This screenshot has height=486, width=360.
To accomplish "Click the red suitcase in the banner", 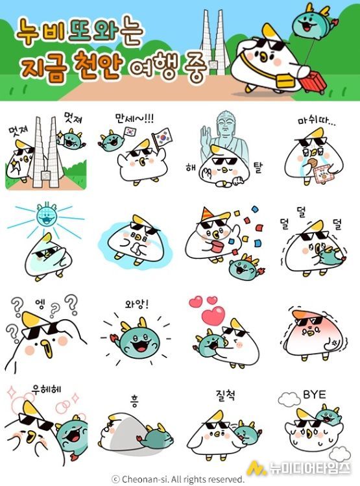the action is pos(313,82).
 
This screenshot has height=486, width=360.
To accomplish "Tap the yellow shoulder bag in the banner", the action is pos(285,80).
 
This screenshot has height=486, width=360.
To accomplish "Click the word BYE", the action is pos(314,395).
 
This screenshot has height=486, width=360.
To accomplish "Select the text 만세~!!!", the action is pos(134,118).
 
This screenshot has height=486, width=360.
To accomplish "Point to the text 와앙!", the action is pos(137,304).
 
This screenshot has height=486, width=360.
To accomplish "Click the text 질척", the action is pos(225,395).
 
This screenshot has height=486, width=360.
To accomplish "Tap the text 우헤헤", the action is pos(47,389).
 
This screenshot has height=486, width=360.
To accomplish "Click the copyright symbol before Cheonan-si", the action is pos(115,479).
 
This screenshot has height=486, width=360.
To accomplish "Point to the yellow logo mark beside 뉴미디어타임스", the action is pos(257,468).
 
